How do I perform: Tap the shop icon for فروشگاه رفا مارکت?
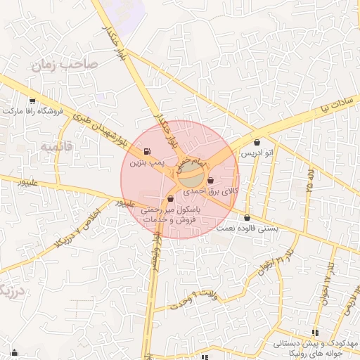tap(32, 101)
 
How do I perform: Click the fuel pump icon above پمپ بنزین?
tap(146, 152)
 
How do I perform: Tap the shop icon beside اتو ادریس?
tap(256, 142)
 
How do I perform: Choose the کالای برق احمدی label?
tap(211, 191)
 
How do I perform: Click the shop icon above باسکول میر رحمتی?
tap(171, 199)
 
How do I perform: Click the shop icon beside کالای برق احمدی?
tap(211, 181)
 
